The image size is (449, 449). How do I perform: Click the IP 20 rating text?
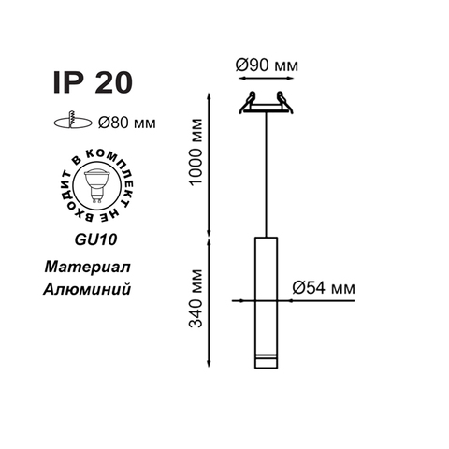click(x=93, y=82)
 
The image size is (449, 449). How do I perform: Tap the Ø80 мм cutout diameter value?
click(x=126, y=123)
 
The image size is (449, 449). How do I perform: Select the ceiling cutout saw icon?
click(x=73, y=121)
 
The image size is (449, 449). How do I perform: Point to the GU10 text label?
click(x=96, y=239)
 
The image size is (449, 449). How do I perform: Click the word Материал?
click(x=87, y=268)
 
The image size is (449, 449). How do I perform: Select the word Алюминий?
click(x=87, y=289)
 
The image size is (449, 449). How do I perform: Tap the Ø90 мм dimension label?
click(x=267, y=65)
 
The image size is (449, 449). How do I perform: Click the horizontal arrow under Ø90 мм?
click(x=266, y=78)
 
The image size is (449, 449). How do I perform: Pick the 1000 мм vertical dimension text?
click(x=196, y=152)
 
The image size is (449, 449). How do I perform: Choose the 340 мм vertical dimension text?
click(x=196, y=298)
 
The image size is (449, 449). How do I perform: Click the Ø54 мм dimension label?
click(x=324, y=287)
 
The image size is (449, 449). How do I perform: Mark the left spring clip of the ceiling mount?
click(x=248, y=102)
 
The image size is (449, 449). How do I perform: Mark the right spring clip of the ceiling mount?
click(x=284, y=102)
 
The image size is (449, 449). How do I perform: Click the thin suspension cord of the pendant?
click(x=266, y=174)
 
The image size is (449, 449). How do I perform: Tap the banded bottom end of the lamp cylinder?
click(x=266, y=361)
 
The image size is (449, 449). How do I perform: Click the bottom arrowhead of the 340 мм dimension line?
click(x=210, y=364)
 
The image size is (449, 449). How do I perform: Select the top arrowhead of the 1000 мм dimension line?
click(x=210, y=96)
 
